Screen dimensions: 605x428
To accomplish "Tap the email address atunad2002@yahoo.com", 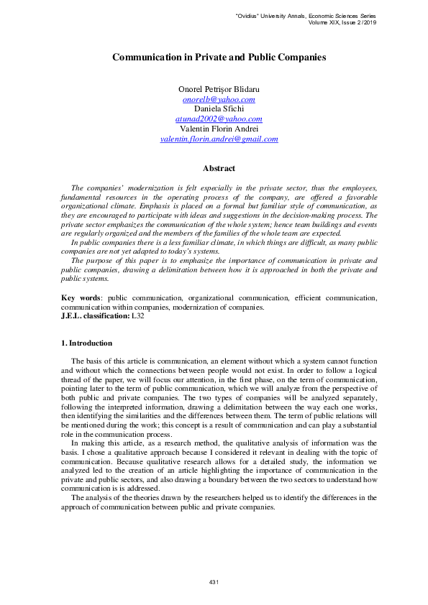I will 219,119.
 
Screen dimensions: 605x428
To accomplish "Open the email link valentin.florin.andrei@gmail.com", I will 219,139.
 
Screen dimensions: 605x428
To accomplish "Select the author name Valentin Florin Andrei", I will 219,129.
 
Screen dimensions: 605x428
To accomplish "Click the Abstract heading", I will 219,168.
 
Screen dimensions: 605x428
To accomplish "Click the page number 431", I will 214,581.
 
